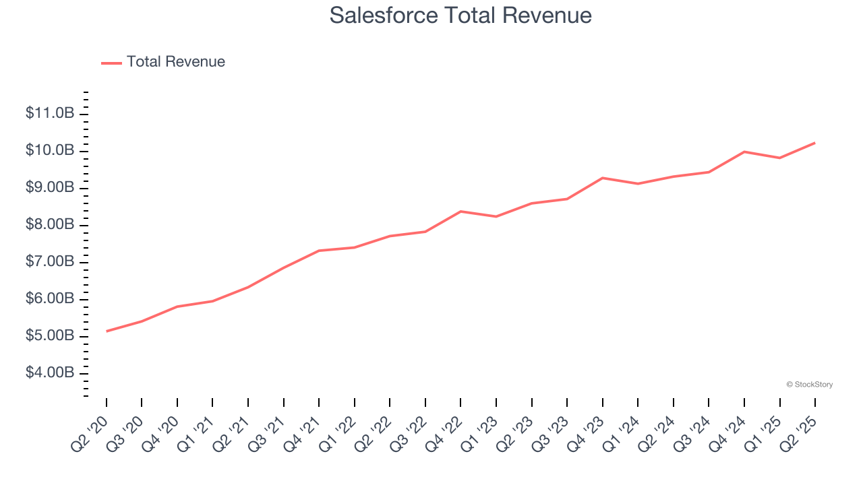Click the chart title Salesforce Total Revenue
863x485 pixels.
pos(460,15)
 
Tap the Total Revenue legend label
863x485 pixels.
pos(175,62)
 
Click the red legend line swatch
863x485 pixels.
pos(111,63)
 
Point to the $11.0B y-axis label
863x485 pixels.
pos(50,113)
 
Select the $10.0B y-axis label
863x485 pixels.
pos(50,150)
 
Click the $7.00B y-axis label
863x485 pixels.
pos(50,262)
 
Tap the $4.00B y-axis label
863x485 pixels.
pos(50,373)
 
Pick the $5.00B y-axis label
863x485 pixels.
pos(50,336)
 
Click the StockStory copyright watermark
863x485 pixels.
pos(809,385)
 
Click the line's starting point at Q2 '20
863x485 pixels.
pos(107,331)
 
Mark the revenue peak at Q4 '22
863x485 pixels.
pos(460,212)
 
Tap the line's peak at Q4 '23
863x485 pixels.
pos(602,178)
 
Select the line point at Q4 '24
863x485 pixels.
pos(744,152)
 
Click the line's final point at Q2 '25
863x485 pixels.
pos(815,143)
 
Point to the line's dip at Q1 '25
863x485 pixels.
pos(779,158)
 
